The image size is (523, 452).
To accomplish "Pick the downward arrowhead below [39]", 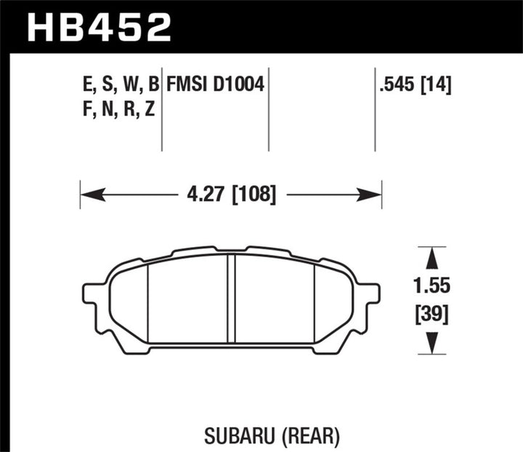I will coord(431,343).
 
